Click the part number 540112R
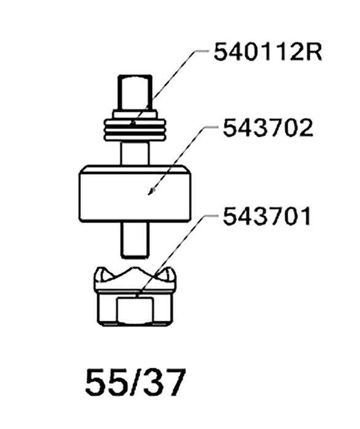pyautogui.click(x=268, y=52)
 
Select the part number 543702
pyautogui.click(x=268, y=127)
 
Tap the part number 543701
pyautogui.click(x=267, y=216)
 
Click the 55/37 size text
pyautogui.click(x=136, y=382)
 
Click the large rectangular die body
pyautogui.click(x=135, y=194)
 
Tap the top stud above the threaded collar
pyautogui.click(x=135, y=93)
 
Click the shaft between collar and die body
pyautogui.click(x=135, y=153)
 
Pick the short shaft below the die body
pyautogui.click(x=135, y=240)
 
